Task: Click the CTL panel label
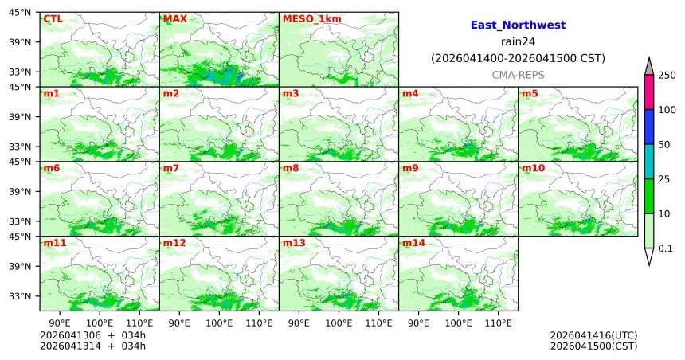[53, 18]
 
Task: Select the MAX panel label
[174, 18]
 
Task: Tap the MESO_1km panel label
[306, 18]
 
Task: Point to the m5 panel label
[530, 94]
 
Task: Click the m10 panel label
[533, 169]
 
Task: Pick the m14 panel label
[413, 243]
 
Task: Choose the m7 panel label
[171, 169]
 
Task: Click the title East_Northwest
[518, 25]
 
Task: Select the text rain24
[518, 42]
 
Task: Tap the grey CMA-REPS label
[518, 75]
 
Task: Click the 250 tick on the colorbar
[667, 75]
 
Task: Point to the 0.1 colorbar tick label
[665, 248]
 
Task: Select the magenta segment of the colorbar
[649, 92]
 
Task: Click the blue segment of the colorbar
[649, 127]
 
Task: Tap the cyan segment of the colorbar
[649, 162]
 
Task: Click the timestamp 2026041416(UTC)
[593, 335]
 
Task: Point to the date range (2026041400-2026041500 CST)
[518, 58]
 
